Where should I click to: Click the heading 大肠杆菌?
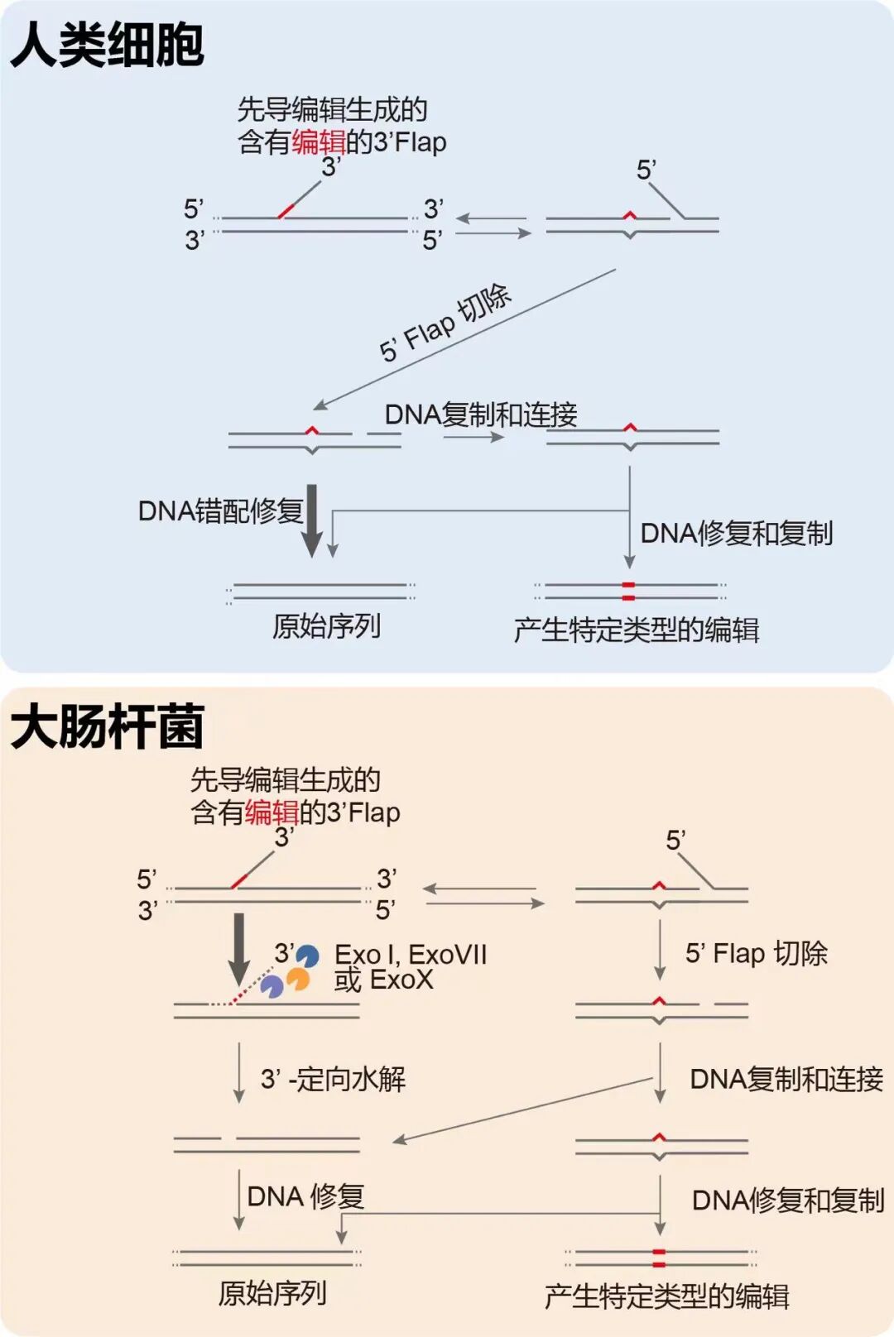point(107,726)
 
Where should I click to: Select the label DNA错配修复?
point(220,510)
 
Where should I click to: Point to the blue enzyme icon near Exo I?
point(308,956)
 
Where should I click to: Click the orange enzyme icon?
point(298,980)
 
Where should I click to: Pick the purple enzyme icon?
point(272,985)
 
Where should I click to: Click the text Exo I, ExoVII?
point(411,955)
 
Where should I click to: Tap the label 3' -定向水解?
point(333,1079)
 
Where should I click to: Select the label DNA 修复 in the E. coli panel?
point(305,1196)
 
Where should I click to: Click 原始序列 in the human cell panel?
point(326,626)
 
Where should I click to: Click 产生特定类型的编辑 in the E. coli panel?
point(666,1296)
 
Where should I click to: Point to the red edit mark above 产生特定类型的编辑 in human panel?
point(628,591)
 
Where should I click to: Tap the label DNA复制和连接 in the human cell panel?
point(481,415)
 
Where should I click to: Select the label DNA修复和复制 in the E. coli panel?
point(788,1200)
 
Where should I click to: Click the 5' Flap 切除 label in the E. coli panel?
point(756,953)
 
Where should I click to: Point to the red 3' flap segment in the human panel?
point(286,211)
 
